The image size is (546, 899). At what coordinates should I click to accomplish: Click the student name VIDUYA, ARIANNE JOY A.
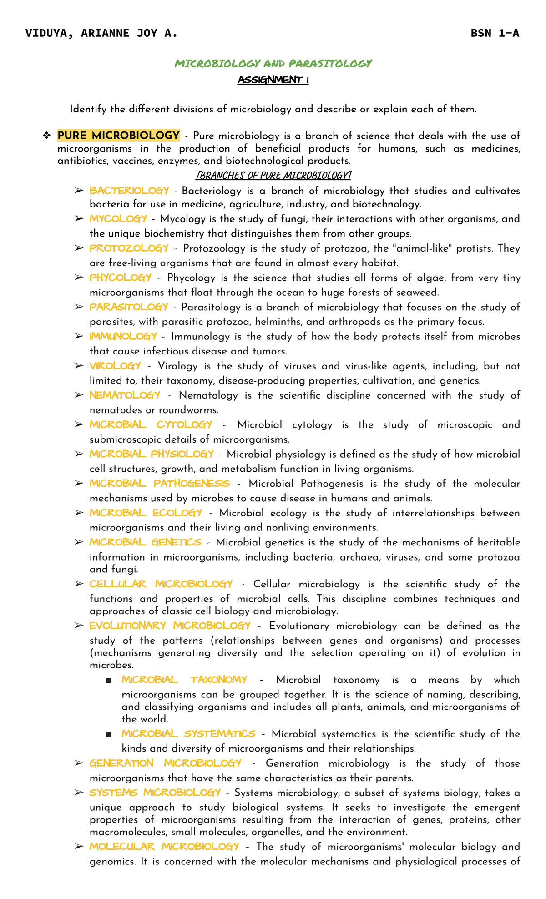coord(101,33)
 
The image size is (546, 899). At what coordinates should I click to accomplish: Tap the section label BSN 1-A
coord(495,33)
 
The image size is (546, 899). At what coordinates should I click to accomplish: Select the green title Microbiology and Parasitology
coord(273,63)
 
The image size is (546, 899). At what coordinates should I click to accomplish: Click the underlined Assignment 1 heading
coord(273,80)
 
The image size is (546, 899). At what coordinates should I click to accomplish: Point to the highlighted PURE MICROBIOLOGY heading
coord(118,136)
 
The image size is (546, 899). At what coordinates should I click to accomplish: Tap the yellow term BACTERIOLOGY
coord(129,190)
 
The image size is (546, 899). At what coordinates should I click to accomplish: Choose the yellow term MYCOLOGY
coord(118,219)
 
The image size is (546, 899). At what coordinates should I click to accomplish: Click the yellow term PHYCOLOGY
coord(121,278)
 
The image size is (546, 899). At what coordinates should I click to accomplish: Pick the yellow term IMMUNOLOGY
coord(123,336)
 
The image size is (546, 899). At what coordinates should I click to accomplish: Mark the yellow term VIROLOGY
coord(115,366)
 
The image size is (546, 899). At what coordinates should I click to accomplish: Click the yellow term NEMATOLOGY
coord(125,395)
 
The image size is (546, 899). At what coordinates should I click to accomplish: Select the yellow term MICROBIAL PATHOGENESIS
coord(160,483)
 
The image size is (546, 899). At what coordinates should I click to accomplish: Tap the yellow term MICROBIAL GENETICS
coord(145,542)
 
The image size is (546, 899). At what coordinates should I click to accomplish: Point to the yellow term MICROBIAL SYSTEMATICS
coord(188,734)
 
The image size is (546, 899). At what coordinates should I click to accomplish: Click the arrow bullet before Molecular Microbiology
coord(79,847)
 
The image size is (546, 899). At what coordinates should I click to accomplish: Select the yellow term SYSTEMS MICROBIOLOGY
coord(155,793)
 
